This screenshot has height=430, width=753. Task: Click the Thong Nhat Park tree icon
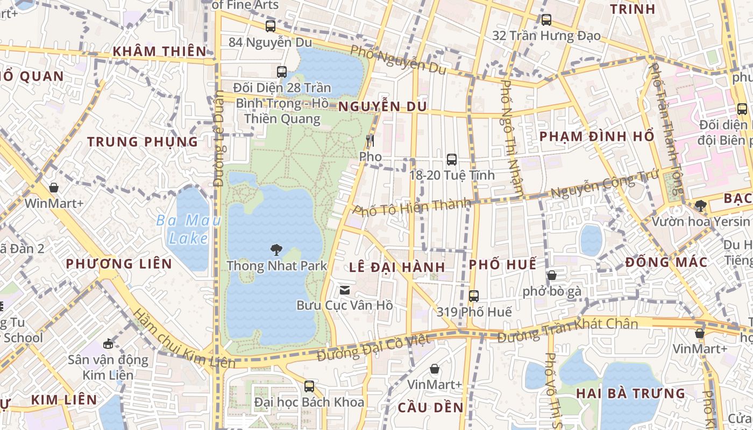(276, 249)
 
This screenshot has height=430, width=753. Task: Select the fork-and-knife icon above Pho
(370, 141)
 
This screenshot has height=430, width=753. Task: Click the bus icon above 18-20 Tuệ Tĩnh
(452, 159)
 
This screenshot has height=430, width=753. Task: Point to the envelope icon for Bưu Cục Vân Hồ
(344, 290)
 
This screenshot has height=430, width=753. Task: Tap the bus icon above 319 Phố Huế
(474, 296)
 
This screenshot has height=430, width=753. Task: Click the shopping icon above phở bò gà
(552, 276)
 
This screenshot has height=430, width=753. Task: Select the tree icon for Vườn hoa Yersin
(700, 205)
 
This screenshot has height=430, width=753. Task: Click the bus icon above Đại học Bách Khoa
(309, 386)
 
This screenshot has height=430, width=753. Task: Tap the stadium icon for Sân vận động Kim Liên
(108, 343)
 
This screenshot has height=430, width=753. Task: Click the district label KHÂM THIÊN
(159, 52)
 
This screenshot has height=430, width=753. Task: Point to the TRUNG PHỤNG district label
(143, 142)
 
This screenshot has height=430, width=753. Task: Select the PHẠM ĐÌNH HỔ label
(596, 136)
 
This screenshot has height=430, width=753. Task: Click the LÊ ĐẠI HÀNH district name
(397, 267)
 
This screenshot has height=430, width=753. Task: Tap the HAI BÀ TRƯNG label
(630, 393)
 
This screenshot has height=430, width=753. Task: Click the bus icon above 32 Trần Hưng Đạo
(546, 20)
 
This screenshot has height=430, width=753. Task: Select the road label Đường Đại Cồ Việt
(373, 348)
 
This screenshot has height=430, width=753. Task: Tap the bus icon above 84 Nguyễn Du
(271, 26)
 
